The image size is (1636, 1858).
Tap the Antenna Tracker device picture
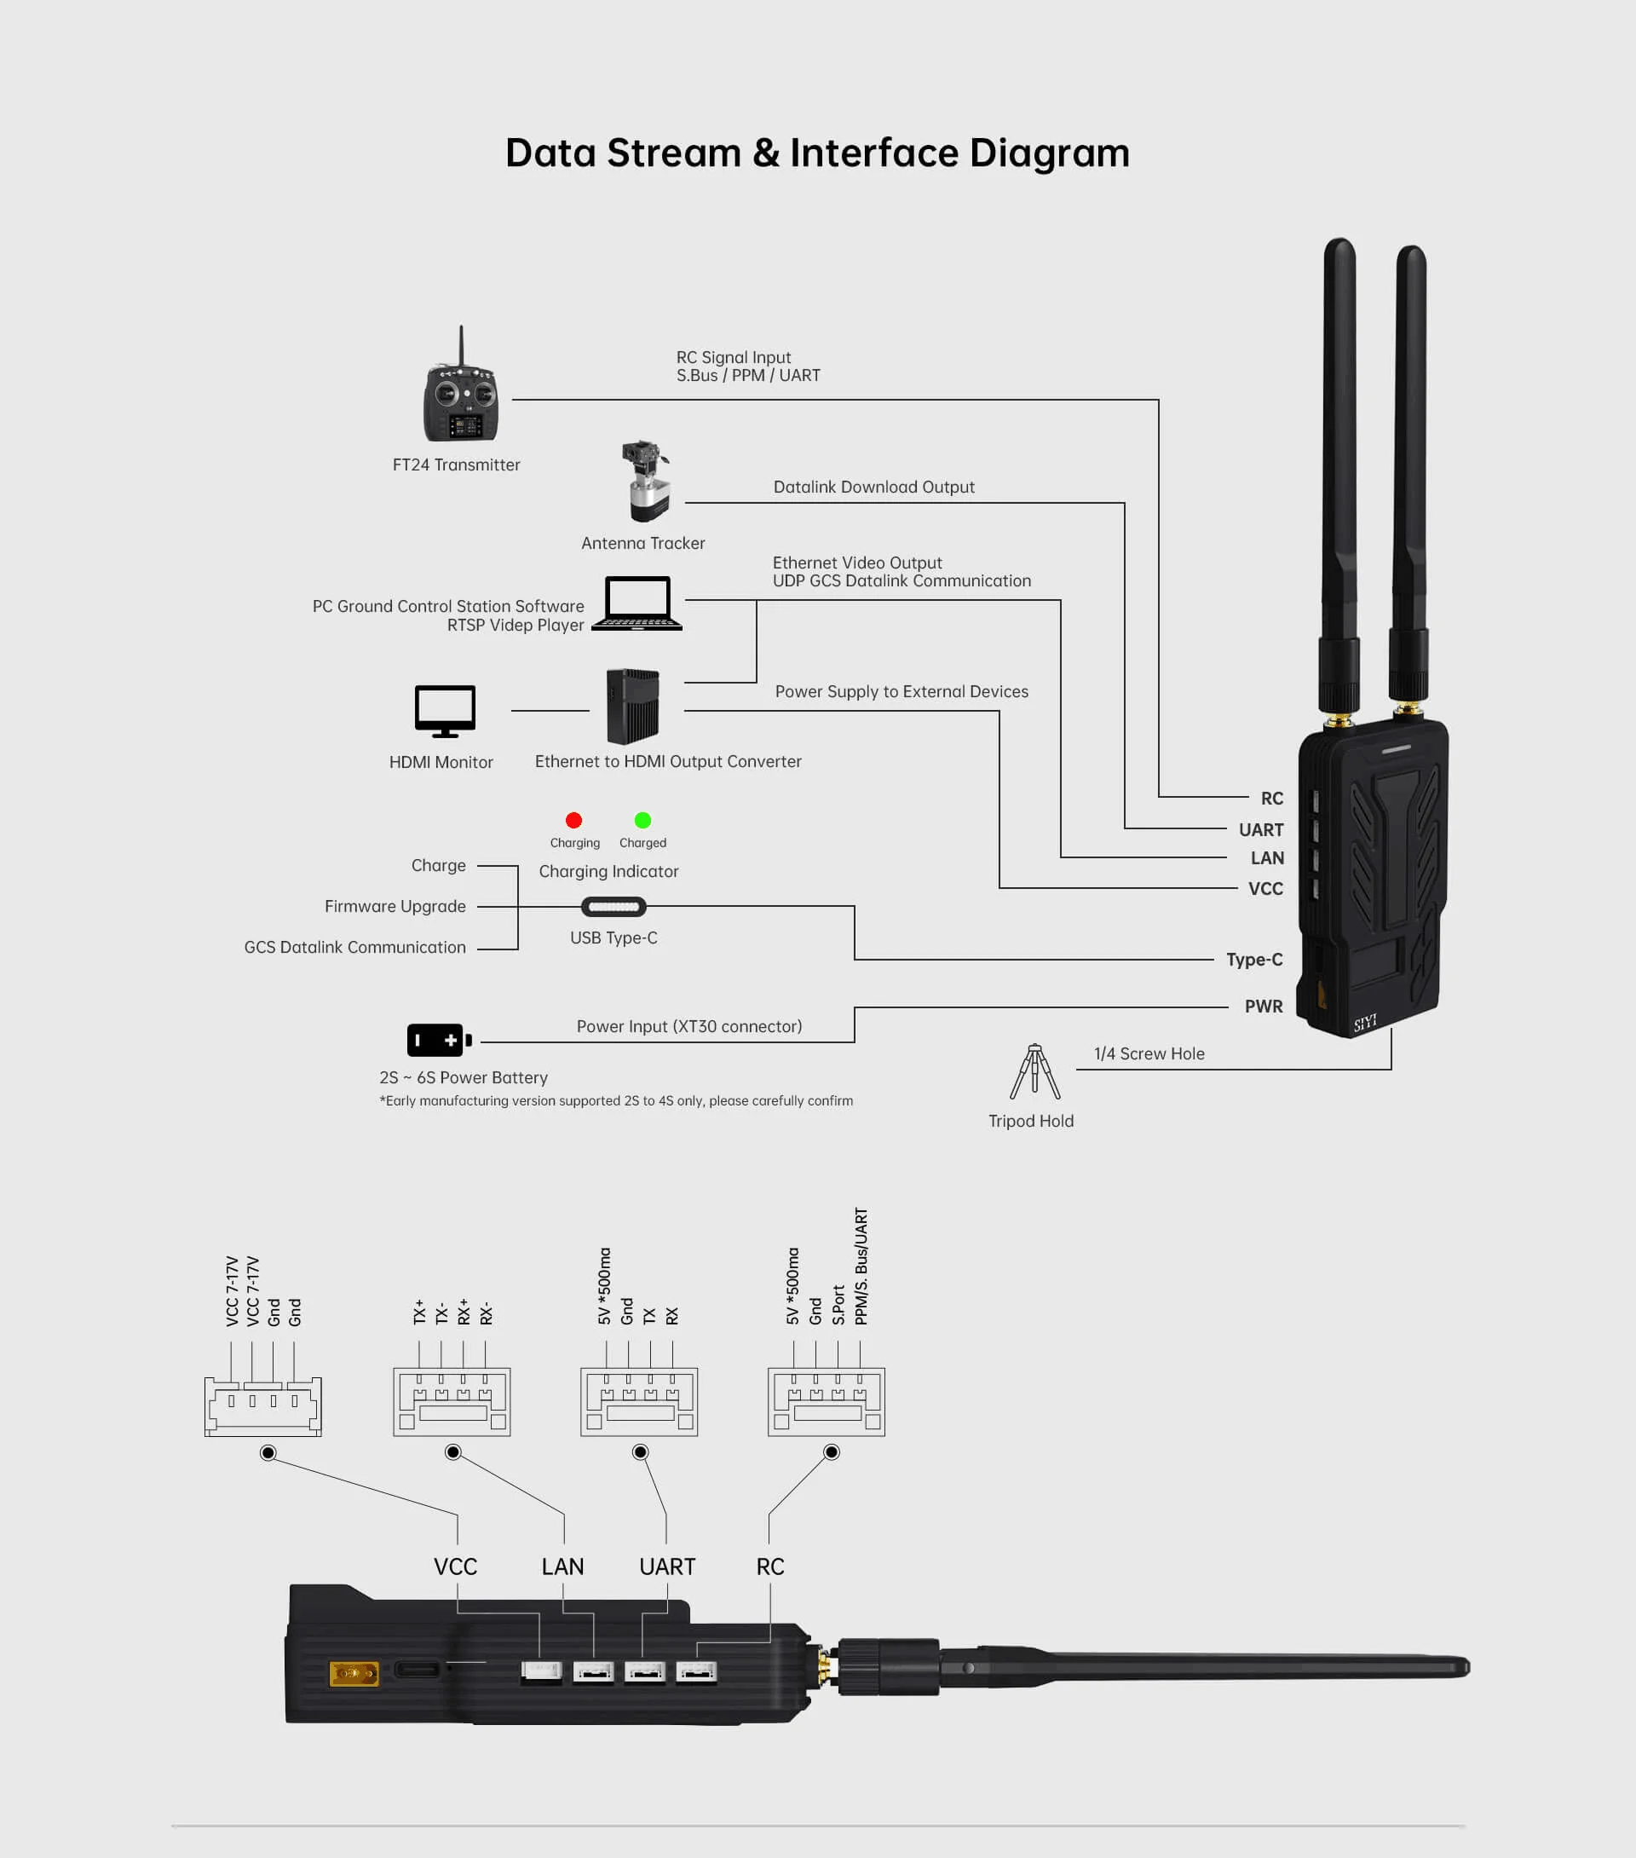[646, 482]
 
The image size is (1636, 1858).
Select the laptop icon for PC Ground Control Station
[637, 603]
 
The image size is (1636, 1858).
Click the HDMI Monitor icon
[445, 711]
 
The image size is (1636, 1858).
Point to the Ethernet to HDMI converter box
[632, 707]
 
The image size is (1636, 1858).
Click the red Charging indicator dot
[573, 821]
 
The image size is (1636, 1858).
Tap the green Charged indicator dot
[642, 821]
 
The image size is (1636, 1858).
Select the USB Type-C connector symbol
[613, 906]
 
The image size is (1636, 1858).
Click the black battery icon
[439, 1040]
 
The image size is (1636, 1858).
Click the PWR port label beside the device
[1264, 1007]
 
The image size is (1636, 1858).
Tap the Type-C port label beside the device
[1254, 960]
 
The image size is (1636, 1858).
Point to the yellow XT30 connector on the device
[354, 1672]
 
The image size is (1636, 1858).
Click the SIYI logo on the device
[1365, 1023]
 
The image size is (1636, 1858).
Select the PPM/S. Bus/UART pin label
[861, 1267]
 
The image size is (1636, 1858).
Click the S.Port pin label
[838, 1304]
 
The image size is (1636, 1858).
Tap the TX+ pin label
[419, 1312]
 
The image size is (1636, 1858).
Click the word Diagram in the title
[1050, 153]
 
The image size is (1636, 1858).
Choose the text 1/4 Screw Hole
[1149, 1053]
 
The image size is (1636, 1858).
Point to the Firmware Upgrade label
[395, 906]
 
